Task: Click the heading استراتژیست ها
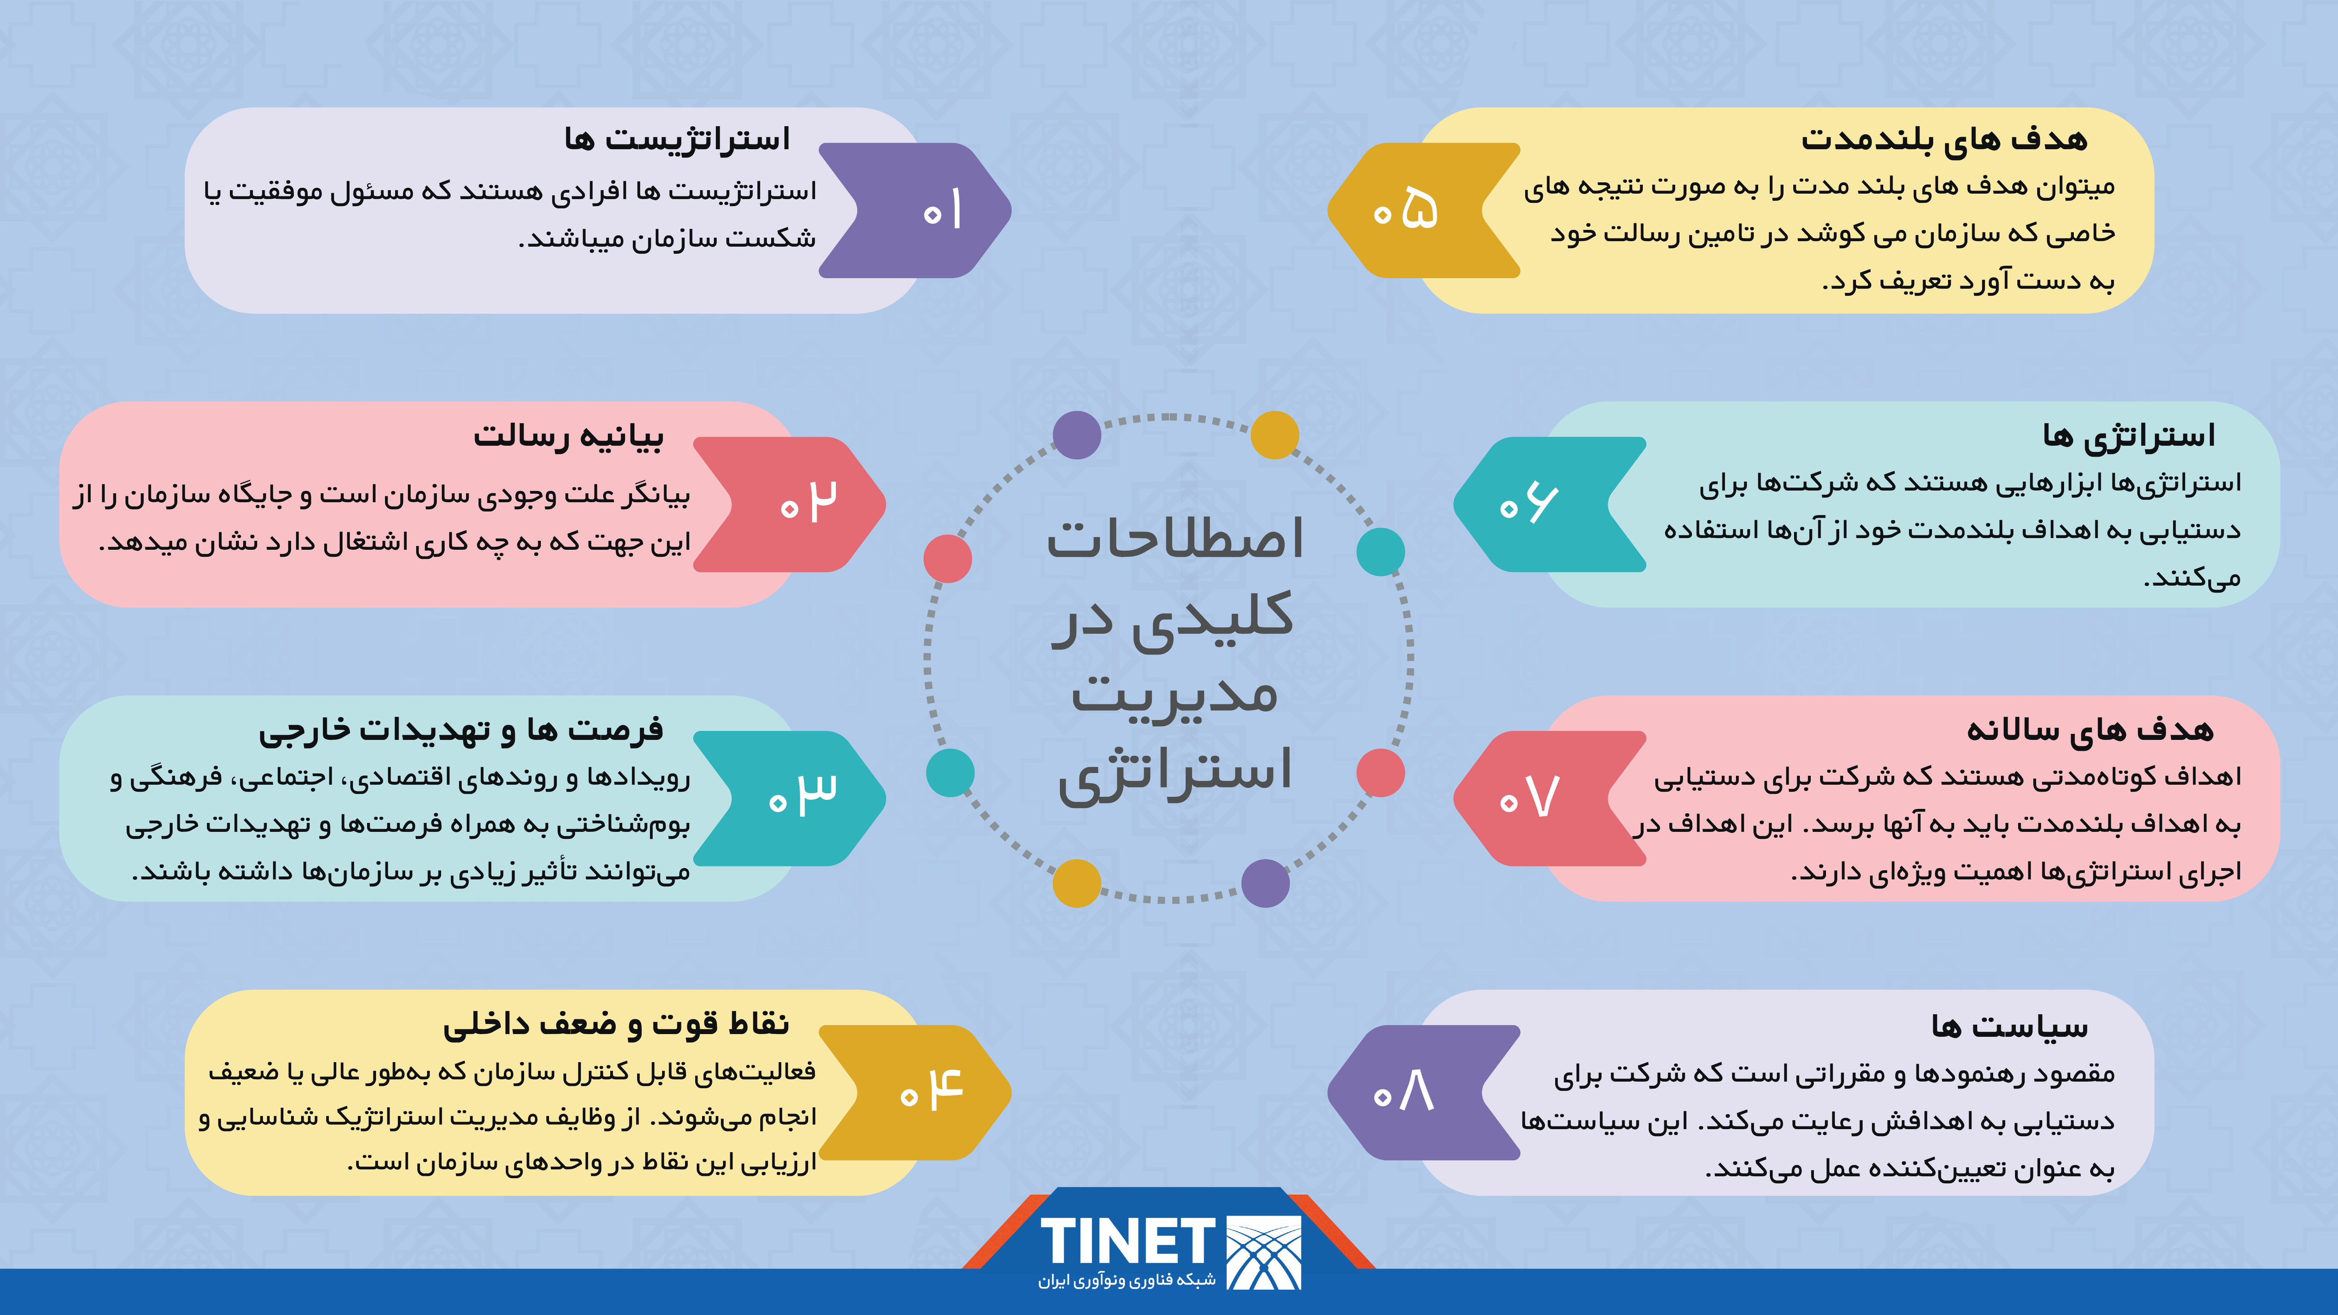tap(677, 139)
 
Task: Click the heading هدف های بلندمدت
tap(1944, 139)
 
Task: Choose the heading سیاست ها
tap(2010, 1026)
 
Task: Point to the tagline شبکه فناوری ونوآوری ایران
tap(1127, 1280)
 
